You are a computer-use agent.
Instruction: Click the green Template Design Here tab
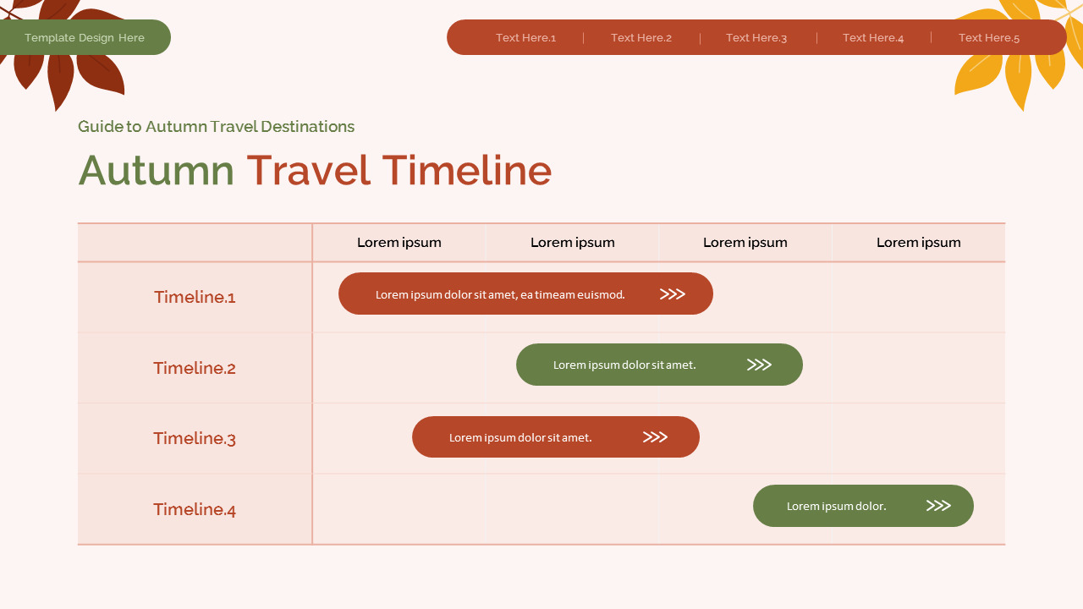coord(85,38)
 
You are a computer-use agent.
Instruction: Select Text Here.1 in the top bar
coord(525,38)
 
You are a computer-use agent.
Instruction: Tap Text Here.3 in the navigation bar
coord(756,38)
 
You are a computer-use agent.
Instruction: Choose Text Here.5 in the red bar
coord(988,38)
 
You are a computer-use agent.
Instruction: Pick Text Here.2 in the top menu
coord(640,38)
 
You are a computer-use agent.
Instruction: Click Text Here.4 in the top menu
coord(872,38)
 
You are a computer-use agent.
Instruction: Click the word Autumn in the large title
coord(157,170)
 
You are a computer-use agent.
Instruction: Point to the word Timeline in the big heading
coord(466,170)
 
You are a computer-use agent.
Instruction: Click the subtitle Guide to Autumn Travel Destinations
coord(216,127)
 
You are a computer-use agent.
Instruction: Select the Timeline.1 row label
coord(195,297)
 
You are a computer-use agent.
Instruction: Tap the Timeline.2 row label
coord(195,368)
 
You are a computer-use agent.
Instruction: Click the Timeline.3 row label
coord(195,438)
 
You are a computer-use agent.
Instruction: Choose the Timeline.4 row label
coord(195,509)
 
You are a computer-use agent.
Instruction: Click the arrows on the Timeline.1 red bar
coord(672,294)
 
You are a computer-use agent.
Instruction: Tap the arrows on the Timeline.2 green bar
coord(759,365)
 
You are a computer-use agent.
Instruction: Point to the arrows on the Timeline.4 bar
coord(938,506)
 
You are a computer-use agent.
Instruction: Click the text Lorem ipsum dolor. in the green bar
coord(836,506)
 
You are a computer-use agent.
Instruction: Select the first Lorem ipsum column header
coord(399,243)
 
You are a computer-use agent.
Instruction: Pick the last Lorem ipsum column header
coord(918,243)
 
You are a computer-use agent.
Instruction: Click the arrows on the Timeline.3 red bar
coord(655,437)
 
